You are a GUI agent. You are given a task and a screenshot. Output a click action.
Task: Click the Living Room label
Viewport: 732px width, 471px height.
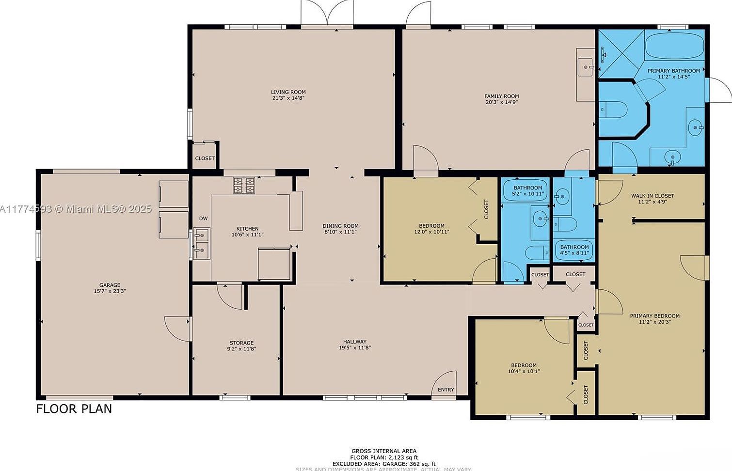point(288,92)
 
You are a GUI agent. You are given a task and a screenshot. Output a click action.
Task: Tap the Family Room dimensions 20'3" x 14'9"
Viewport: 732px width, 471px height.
point(501,102)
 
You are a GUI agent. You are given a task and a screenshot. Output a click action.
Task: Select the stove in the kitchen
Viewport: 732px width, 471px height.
point(244,186)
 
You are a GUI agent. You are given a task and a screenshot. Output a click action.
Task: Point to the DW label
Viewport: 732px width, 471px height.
point(203,219)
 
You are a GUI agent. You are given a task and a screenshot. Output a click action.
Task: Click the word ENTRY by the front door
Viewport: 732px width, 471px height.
point(446,390)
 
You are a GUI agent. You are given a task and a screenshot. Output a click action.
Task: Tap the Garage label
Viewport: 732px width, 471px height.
point(110,285)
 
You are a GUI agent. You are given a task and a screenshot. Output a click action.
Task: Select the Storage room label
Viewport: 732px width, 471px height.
point(241,343)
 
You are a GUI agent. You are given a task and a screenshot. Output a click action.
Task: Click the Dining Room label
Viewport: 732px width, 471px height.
point(340,226)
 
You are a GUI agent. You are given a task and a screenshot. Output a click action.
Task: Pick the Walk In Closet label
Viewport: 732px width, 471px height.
point(652,196)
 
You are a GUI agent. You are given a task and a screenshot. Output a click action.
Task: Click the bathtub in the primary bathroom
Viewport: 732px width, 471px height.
point(674,46)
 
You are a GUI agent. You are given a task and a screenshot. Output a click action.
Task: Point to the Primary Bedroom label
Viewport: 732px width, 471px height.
point(654,316)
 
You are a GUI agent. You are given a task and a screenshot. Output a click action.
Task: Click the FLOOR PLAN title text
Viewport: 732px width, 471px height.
point(74,409)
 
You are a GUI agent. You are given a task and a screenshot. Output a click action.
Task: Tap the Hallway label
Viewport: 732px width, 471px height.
point(354,342)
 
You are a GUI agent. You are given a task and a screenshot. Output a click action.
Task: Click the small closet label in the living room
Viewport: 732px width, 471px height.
point(205,158)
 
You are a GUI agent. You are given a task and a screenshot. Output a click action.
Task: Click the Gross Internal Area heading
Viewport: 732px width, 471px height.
point(383,451)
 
